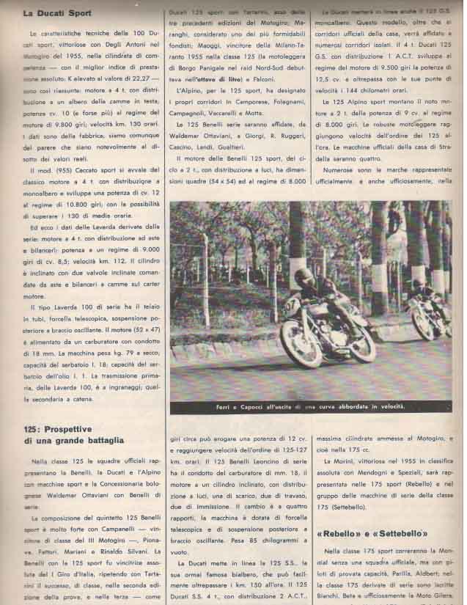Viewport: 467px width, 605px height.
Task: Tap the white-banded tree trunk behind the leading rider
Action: click(296, 242)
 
